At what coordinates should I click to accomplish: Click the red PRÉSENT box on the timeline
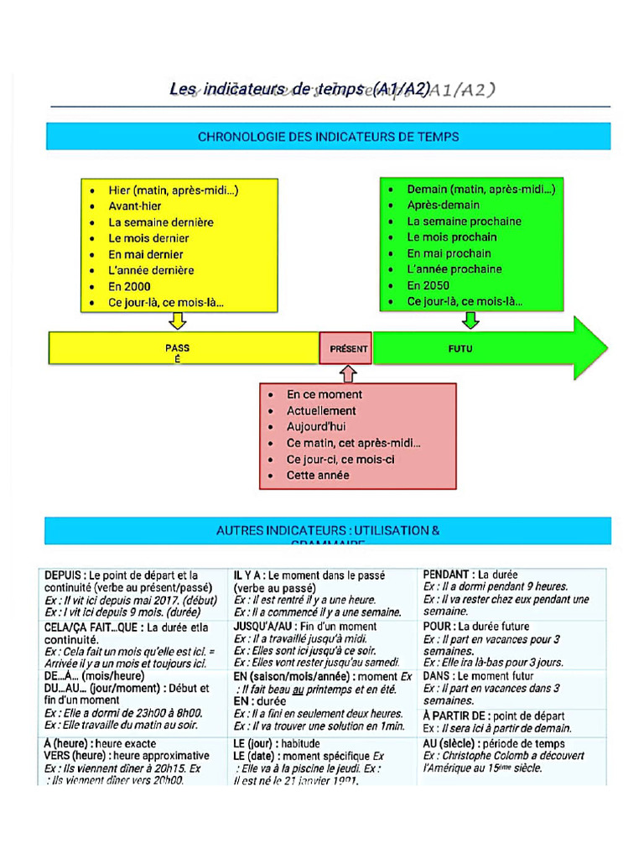[345, 347]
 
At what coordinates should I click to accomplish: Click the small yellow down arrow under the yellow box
[177, 320]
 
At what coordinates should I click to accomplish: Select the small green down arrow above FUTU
[470, 320]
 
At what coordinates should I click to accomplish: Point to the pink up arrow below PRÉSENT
[349, 373]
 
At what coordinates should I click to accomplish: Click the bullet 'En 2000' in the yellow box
[129, 286]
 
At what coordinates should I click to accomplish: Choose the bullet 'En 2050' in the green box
[428, 285]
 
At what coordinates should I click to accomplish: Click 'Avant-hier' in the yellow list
[135, 206]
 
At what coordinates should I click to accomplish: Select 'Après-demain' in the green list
[444, 205]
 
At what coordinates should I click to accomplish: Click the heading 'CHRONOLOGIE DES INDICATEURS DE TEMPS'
[328, 136]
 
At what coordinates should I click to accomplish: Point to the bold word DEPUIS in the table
[64, 575]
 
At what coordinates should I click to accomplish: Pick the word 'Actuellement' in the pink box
[321, 411]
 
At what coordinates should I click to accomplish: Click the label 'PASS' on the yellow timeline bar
[177, 347]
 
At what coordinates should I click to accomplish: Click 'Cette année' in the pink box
[318, 476]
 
